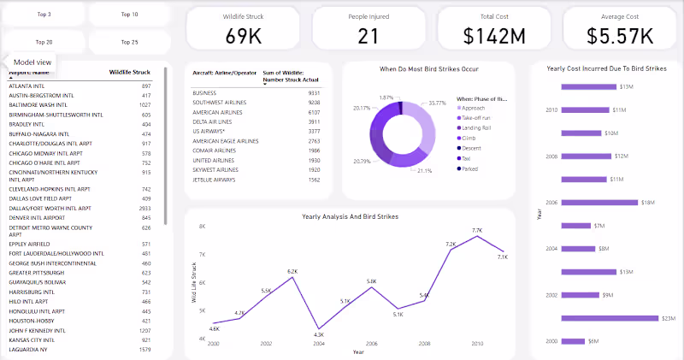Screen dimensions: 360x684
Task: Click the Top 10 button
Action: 129,15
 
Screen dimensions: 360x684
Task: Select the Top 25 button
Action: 129,41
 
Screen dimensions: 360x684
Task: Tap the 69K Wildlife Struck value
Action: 244,35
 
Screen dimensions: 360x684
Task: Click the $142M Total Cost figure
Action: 495,35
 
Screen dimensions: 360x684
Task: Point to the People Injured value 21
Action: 369,35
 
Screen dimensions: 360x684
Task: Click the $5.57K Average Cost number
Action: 621,35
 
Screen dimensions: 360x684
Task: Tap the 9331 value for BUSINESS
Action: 314,92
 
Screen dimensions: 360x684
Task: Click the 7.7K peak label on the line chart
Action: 477,230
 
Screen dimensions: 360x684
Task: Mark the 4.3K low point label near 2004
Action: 319,334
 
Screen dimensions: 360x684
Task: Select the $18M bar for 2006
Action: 599,203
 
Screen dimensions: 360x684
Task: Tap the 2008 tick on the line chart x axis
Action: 424,343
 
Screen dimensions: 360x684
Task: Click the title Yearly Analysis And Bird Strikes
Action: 351,217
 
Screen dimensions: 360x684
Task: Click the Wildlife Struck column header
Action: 130,74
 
